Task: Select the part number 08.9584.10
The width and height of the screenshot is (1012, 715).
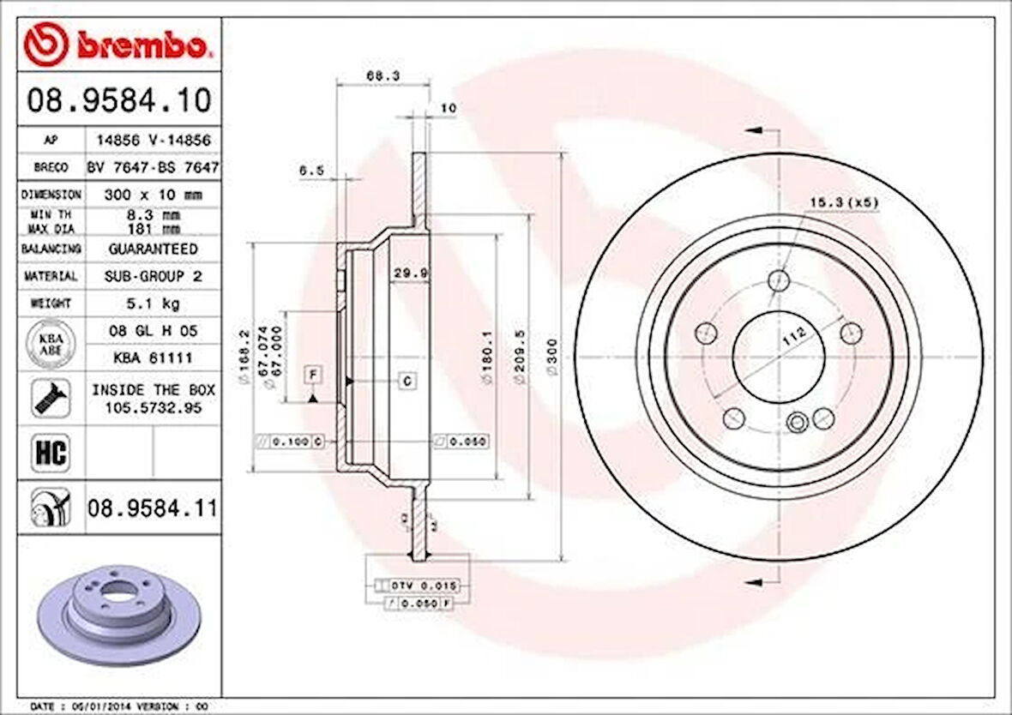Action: (x=118, y=101)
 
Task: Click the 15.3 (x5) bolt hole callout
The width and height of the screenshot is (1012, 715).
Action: (x=844, y=202)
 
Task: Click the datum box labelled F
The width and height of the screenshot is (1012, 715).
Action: (x=314, y=374)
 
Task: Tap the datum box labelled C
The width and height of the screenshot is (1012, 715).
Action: (x=407, y=380)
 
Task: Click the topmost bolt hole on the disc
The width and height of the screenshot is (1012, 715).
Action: (x=779, y=279)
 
